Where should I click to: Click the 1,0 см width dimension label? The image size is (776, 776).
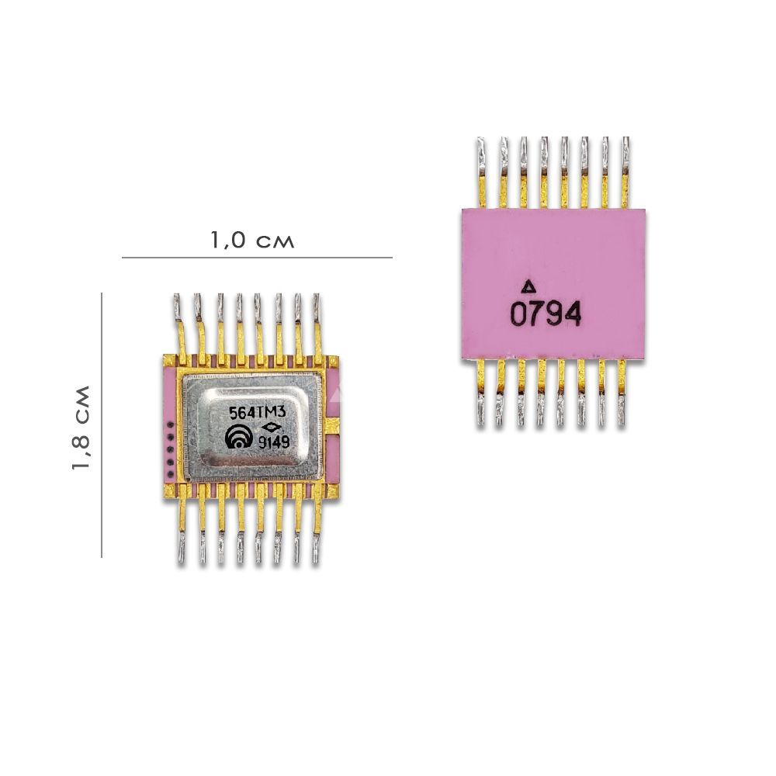click(x=252, y=241)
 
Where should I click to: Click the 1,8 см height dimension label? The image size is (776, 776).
click(x=81, y=427)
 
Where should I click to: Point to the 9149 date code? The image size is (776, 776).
click(x=274, y=442)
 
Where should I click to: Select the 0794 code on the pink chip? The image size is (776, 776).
click(x=546, y=315)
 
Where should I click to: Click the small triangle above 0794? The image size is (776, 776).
click(x=529, y=286)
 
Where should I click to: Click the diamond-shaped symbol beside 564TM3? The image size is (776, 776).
click(x=272, y=428)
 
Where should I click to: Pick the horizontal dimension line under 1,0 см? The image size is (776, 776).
click(x=257, y=258)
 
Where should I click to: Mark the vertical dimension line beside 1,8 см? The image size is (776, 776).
click(x=102, y=425)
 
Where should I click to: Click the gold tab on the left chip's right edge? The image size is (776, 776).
click(x=333, y=425)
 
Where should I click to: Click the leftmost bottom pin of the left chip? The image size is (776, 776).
click(x=182, y=524)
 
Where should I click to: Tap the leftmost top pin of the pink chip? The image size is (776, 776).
click(x=482, y=173)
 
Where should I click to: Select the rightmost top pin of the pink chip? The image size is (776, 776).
click(x=625, y=173)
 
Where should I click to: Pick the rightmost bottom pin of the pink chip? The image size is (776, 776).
click(x=622, y=393)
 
